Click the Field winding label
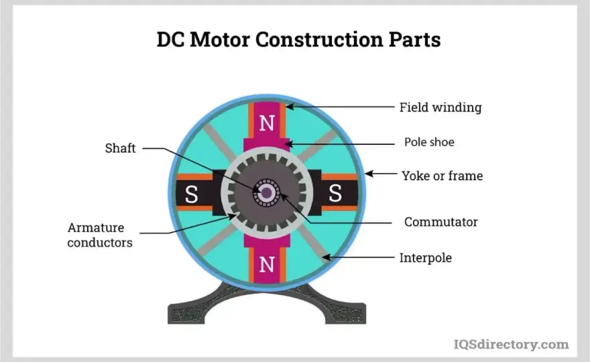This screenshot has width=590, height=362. pyautogui.click(x=440, y=108)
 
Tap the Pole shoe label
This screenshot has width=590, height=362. pyautogui.click(x=429, y=142)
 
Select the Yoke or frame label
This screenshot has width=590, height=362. pyautogui.click(x=442, y=176)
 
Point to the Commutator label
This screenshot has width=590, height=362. pyautogui.click(x=441, y=222)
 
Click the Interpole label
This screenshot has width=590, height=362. pyautogui.click(x=426, y=258)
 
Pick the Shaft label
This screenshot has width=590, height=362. pyautogui.click(x=120, y=148)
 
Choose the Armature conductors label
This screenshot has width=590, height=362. pyautogui.click(x=100, y=235)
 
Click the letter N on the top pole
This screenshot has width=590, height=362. pyautogui.click(x=267, y=123)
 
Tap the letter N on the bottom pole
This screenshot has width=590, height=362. pyautogui.click(x=267, y=265)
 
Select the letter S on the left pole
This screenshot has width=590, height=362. pyautogui.click(x=191, y=194)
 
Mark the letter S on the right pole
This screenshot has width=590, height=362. pyautogui.click(x=335, y=194)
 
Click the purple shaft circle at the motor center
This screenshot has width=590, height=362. pyautogui.click(x=267, y=192)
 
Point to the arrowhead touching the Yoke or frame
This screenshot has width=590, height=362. pyautogui.click(x=369, y=174)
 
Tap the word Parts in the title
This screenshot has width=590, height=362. pyautogui.click(x=414, y=39)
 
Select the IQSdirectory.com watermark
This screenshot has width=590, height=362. pyautogui.click(x=511, y=345)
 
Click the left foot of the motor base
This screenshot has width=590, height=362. pyautogui.click(x=186, y=312)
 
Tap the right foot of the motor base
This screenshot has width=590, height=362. pyautogui.click(x=345, y=312)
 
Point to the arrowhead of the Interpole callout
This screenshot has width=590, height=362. pyautogui.click(x=327, y=257)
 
